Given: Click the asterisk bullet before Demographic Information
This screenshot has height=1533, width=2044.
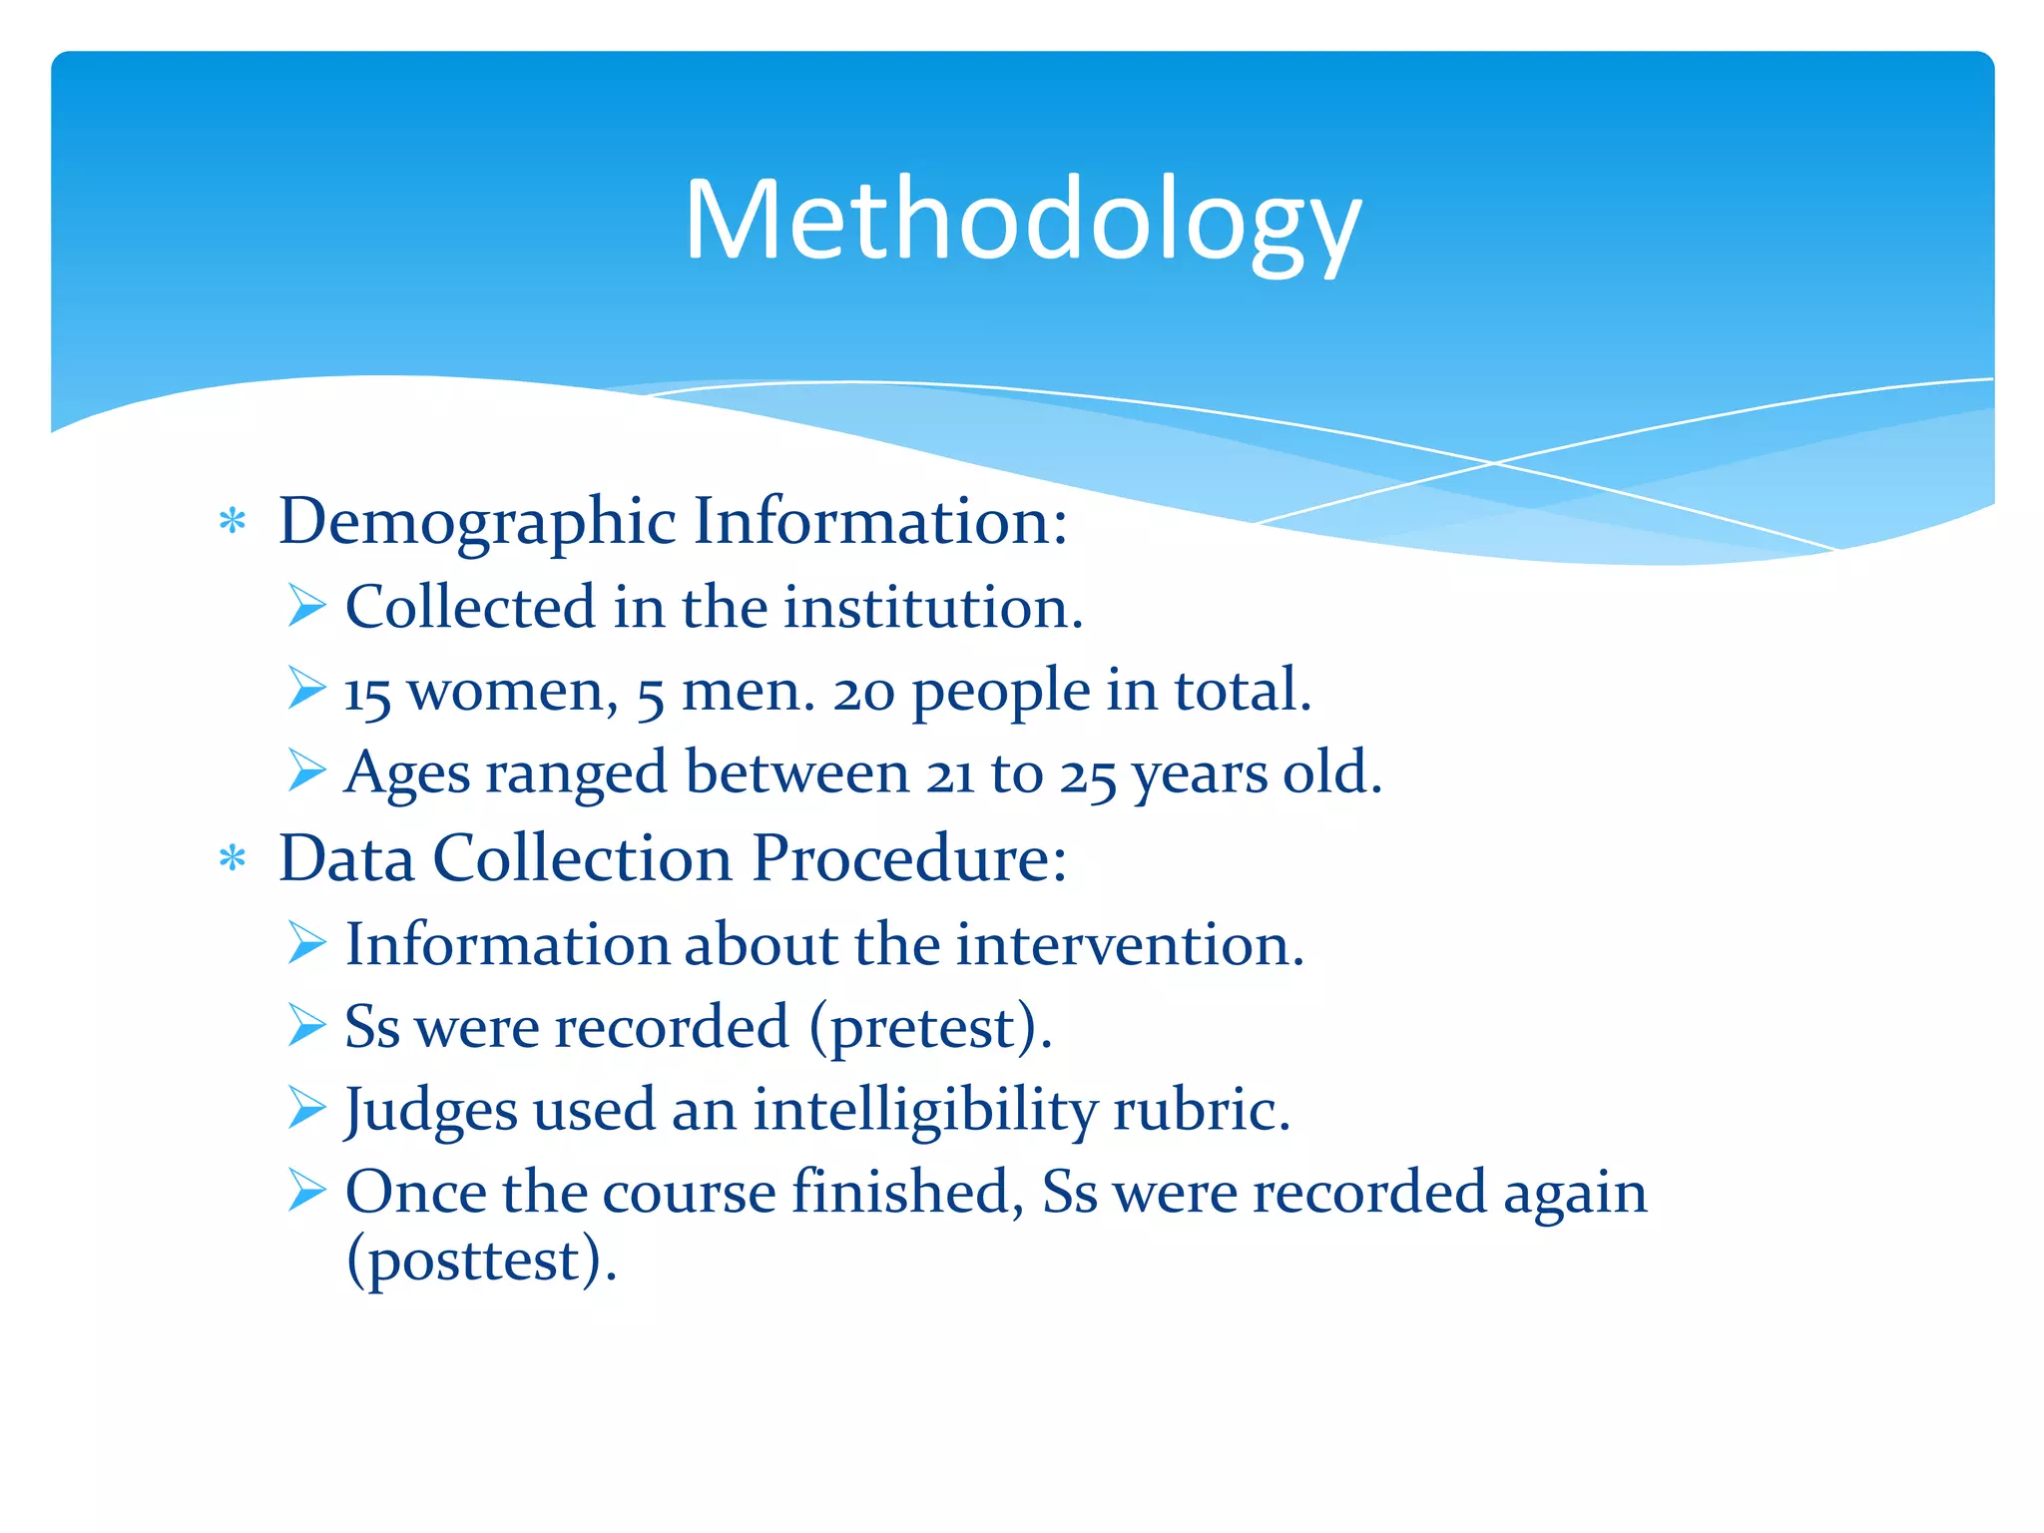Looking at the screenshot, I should pyautogui.click(x=233, y=521).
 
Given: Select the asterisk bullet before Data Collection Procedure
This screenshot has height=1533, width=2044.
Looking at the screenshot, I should pyautogui.click(x=233, y=858).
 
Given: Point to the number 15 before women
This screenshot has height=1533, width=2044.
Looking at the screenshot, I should pyautogui.click(x=367, y=693).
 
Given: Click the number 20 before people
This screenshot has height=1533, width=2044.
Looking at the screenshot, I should pyautogui.click(x=863, y=693).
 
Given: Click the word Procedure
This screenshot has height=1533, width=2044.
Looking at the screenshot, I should pyautogui.click(x=908, y=858).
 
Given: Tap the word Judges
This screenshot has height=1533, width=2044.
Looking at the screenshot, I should pyautogui.click(x=430, y=1111).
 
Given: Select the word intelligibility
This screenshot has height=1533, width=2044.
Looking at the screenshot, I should pyautogui.click(x=924, y=1111).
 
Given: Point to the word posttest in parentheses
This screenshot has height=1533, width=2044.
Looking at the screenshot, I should pyautogui.click(x=475, y=1260).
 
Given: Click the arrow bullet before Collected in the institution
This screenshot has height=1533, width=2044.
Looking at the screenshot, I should pyautogui.click(x=306, y=607).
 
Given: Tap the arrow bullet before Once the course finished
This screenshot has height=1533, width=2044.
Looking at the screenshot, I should pyautogui.click(x=306, y=1191).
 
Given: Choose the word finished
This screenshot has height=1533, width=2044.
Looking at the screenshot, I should pyautogui.click(x=907, y=1192).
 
